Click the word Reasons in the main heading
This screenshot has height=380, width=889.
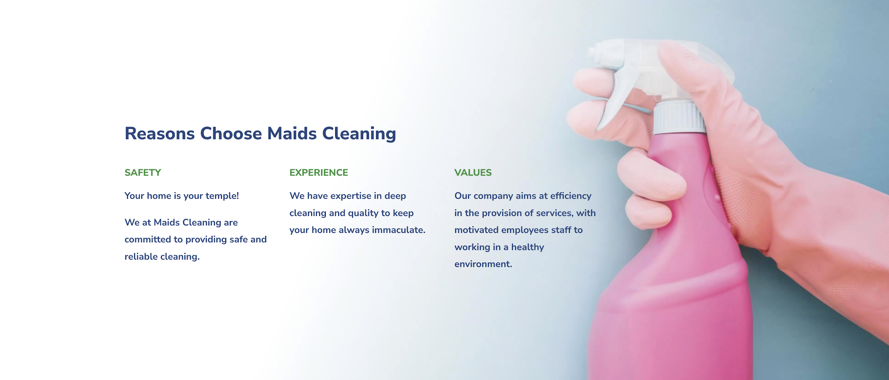point(160,133)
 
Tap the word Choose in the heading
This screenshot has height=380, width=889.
point(231,133)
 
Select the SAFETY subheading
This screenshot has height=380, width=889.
point(143,172)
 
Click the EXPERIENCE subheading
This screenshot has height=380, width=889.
point(319,172)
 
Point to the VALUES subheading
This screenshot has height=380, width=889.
point(473,172)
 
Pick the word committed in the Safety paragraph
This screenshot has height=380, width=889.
point(148,239)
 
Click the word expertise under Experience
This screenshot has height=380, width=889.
point(351,196)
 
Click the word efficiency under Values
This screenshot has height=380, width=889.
point(571,196)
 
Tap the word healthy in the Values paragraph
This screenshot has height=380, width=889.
point(528,247)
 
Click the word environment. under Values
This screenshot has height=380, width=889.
point(483,264)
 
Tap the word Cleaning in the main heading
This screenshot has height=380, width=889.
point(359,134)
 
